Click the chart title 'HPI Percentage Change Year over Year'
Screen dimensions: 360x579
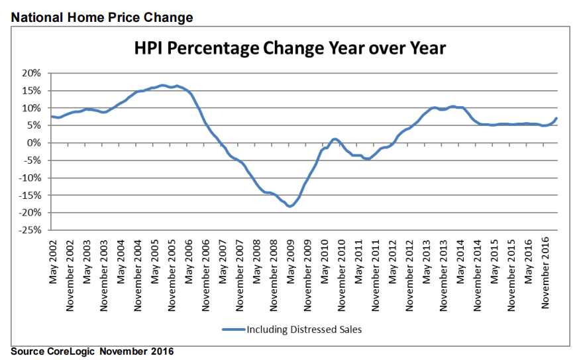290,49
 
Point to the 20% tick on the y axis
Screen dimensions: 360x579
32,73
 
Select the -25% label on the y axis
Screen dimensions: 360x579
31,230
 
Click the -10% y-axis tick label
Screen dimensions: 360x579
31,178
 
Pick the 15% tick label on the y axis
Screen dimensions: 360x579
32,91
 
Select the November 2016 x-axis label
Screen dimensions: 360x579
547,273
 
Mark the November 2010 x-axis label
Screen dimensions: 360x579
342,273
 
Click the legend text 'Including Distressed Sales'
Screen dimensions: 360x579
304,328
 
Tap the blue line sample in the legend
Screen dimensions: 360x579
233,328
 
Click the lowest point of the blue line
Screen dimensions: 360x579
290,206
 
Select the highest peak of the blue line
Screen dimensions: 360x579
163,85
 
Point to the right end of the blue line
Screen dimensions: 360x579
556,119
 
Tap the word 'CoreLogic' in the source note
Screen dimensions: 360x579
74,351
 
